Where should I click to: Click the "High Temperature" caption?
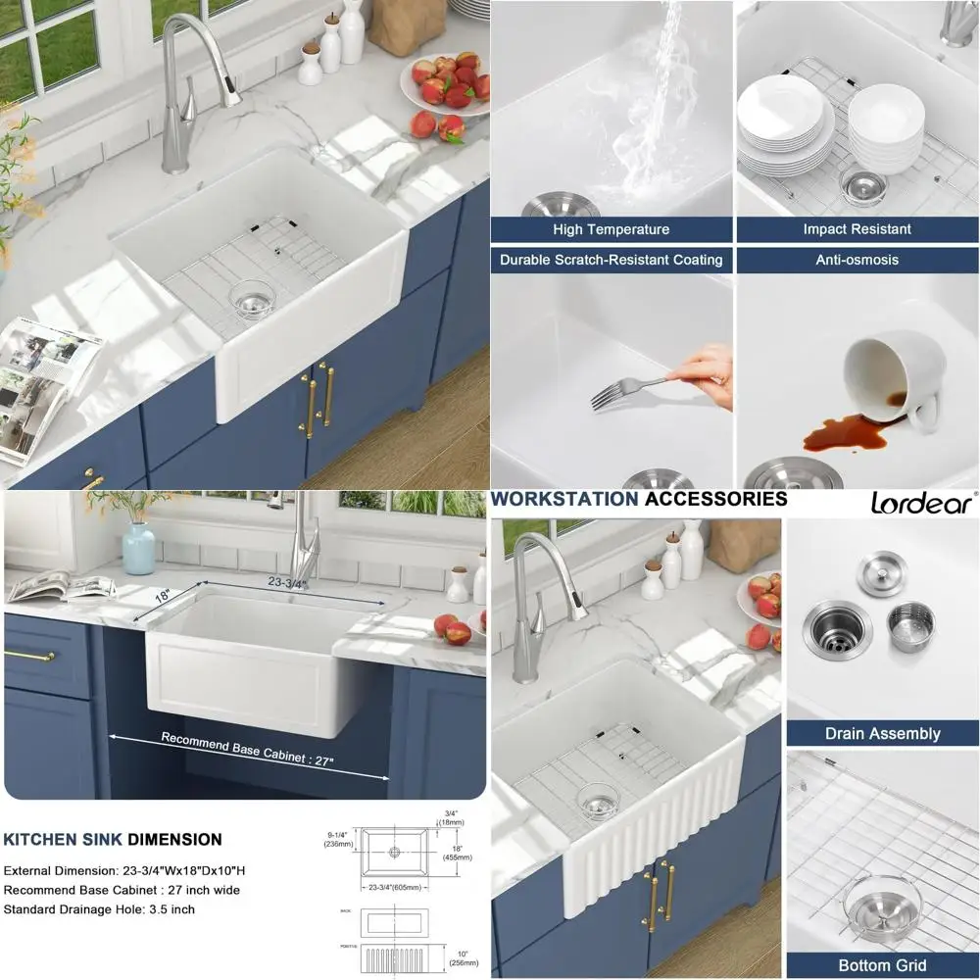pos(611,229)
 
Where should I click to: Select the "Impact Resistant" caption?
pos(857,229)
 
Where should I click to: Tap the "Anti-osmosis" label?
pos(857,260)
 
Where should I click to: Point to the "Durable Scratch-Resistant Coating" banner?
pos(611,260)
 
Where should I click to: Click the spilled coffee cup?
pos(892,377)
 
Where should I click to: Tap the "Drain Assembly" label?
pos(882,733)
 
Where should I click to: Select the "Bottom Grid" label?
pos(882,965)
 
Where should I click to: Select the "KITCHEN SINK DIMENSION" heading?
pos(113,840)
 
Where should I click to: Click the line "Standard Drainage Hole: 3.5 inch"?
pos(99,909)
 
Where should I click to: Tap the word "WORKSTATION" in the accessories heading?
pos(563,499)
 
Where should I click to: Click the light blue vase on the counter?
pos(139,548)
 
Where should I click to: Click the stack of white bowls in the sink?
pos(885,127)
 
